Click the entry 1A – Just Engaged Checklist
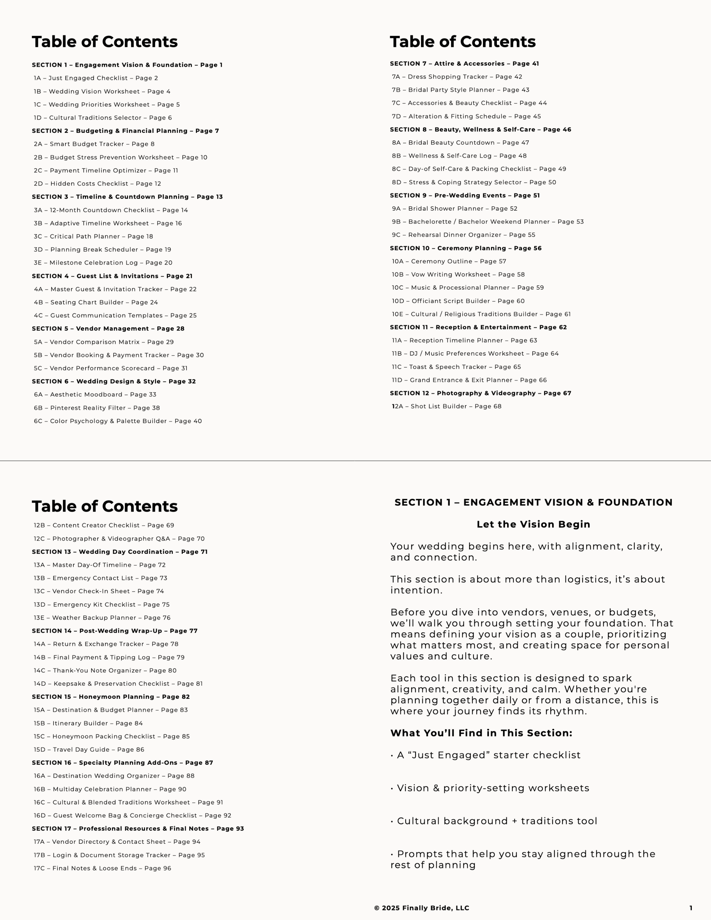tap(96, 78)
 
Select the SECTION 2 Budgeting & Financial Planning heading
tap(125, 131)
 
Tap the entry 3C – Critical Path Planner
tap(94, 236)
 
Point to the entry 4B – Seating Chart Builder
tap(96, 302)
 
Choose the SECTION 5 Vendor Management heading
tap(108, 329)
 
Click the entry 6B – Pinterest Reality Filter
tap(97, 408)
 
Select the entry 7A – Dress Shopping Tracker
tap(457, 77)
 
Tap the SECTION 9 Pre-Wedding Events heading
tap(465, 195)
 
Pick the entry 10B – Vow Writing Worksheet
tap(458, 274)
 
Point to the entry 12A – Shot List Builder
tap(446, 406)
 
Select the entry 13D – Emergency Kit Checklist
tap(102, 604)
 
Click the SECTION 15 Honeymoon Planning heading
tap(111, 697)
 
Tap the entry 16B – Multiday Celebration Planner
tap(110, 789)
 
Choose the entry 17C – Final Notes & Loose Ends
tap(102, 868)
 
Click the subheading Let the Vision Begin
tap(533, 524)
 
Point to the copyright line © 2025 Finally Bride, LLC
tap(422, 908)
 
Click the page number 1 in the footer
tap(691, 908)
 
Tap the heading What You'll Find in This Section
tap(481, 733)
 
